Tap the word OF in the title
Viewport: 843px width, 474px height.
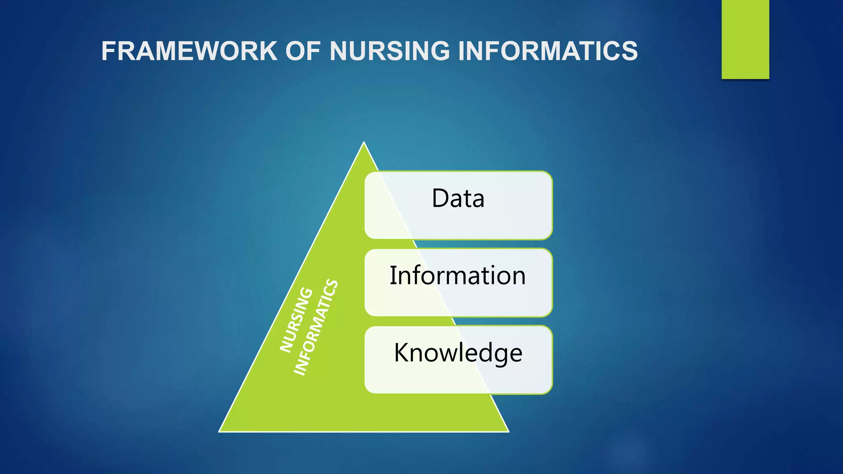point(303,51)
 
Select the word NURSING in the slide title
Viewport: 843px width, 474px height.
point(389,51)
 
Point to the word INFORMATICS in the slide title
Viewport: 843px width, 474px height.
point(547,51)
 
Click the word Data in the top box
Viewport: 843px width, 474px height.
point(458,198)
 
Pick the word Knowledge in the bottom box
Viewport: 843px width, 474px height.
point(458,353)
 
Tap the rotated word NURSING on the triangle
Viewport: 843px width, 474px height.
point(296,320)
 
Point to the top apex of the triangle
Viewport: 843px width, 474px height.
point(364,143)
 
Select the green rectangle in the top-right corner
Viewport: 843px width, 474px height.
point(745,39)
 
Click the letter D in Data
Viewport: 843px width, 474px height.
point(440,198)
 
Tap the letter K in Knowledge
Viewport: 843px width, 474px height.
point(402,353)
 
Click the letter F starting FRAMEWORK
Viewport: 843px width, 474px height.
point(109,51)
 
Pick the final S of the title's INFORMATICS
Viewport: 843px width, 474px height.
point(628,51)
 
